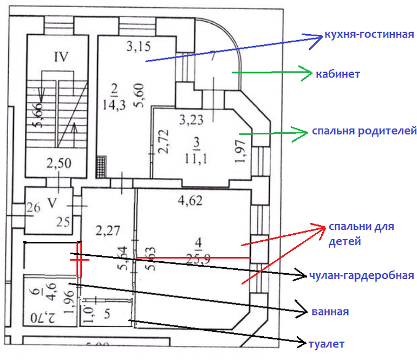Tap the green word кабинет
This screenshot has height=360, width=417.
pyautogui.click(x=338, y=74)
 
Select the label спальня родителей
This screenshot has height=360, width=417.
pyautogui.click(x=363, y=131)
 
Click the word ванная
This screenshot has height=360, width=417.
pyautogui.click(x=330, y=312)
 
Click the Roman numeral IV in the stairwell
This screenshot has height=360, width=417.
pyautogui.click(x=61, y=56)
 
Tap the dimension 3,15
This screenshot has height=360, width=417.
pyautogui.click(x=138, y=47)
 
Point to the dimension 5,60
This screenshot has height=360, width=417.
pyautogui.click(x=141, y=99)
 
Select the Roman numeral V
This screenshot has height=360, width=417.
pyautogui.click(x=53, y=203)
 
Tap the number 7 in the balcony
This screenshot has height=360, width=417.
pyautogui.click(x=213, y=55)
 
